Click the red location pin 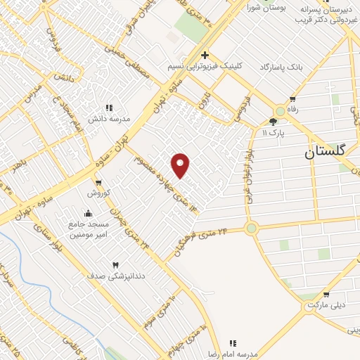181,165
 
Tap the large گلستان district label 331,152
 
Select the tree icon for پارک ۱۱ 274,121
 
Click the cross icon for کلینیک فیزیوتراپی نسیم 205,55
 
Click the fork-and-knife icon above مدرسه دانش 109,108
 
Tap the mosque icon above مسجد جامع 88,213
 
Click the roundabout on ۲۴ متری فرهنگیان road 251,228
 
